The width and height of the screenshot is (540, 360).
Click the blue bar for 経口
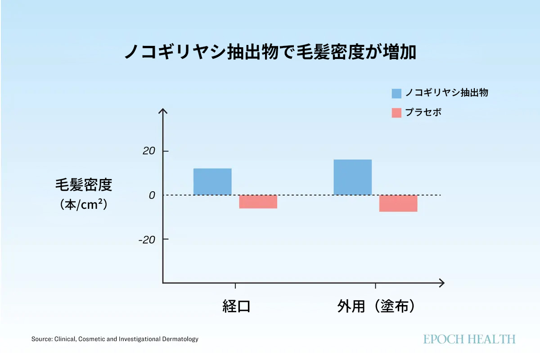coord(212,182)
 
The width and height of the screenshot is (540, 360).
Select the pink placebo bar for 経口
coord(258,202)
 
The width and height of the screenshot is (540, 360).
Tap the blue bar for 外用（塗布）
coord(353,177)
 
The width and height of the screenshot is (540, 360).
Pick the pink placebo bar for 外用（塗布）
coord(398,203)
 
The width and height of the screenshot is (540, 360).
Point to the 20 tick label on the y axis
coord(149,151)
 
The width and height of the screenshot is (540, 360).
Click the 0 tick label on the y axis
coord(152,195)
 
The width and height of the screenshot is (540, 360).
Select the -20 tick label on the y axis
coord(147,239)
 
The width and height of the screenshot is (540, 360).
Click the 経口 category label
coord(236,306)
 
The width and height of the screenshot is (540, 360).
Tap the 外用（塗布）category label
coord(376,306)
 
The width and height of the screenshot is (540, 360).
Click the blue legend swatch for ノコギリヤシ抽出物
coord(396,93)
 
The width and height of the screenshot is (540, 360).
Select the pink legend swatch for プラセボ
coord(396,112)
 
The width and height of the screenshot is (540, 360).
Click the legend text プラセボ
coord(423,112)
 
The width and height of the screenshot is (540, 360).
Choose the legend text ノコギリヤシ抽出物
coord(446,93)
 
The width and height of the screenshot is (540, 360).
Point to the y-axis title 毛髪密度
coord(84,185)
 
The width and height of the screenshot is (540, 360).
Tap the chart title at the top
coord(270,52)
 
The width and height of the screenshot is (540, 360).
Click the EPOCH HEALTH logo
coord(469,339)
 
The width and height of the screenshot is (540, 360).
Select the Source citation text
coord(115,339)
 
